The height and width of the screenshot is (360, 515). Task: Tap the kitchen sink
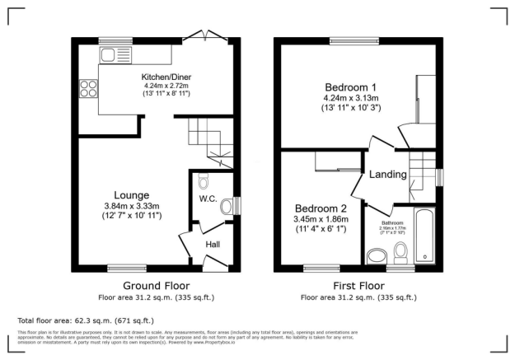111,55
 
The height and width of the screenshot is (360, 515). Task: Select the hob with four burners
87,87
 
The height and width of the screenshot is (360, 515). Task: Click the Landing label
387,175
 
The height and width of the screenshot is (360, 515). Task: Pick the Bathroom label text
391,222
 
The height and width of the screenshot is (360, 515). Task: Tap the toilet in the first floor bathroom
401,250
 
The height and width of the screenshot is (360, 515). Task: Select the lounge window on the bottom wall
126,268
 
